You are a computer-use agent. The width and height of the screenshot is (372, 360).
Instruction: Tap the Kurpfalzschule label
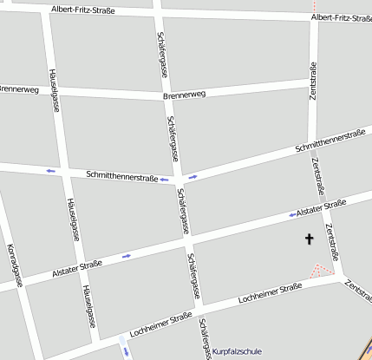tap(237, 351)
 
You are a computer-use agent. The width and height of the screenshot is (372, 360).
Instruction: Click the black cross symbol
tap(308, 239)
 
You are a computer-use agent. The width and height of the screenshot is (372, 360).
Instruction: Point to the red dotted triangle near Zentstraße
tap(324, 272)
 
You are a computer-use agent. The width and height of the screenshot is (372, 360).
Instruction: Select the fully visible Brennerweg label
tap(184, 94)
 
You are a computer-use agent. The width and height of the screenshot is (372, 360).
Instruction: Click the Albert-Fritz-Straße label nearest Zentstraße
tap(341, 17)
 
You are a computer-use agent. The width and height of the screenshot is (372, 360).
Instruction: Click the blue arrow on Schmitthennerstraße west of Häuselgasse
tap(50, 170)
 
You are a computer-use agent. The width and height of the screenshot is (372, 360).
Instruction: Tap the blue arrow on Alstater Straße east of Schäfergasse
tap(291, 214)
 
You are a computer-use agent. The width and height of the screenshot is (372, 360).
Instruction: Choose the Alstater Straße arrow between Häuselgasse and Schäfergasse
tap(127, 256)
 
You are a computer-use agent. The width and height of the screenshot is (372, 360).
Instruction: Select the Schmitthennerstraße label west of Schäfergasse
tap(121, 176)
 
